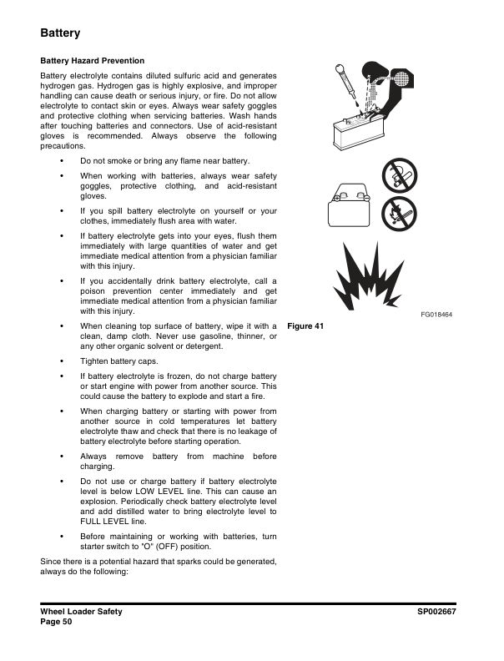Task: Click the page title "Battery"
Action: (60, 33)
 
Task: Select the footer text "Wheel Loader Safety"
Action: (81, 612)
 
